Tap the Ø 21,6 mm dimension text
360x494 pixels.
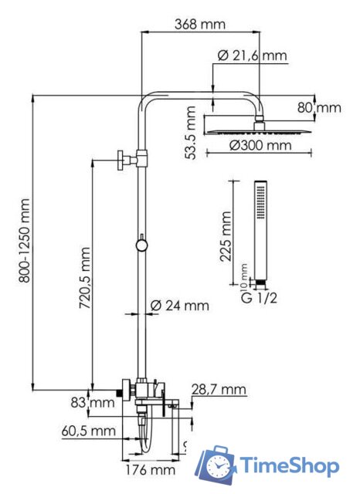252,56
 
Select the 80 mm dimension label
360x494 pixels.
320,108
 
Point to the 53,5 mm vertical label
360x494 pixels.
192,133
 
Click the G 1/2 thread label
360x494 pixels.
257,297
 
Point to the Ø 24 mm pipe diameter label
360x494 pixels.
179,305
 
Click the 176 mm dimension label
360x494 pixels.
150,469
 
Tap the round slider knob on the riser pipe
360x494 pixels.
141,245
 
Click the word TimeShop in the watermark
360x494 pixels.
289,466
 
